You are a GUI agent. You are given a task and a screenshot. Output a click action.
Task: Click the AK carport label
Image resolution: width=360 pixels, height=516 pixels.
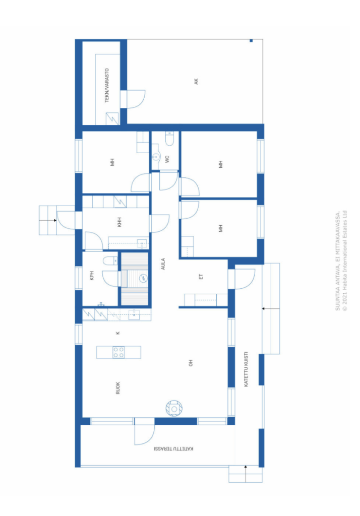click(x=196, y=81)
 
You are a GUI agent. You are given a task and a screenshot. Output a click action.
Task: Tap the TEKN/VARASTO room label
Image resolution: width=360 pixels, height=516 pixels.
click(x=107, y=86)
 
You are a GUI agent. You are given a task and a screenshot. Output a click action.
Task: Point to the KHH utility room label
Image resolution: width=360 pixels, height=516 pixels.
click(x=119, y=222)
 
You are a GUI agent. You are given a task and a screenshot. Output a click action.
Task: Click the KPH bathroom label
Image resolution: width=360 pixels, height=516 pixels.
click(x=92, y=276)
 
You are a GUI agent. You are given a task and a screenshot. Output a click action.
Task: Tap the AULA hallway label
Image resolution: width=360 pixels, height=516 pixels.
click(x=163, y=264)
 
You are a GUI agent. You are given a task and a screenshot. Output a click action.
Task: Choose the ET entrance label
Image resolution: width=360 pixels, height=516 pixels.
click(x=201, y=277)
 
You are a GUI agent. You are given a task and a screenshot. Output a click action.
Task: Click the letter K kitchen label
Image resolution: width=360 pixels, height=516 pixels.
click(x=117, y=333)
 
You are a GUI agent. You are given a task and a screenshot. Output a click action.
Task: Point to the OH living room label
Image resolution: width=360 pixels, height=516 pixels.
click(x=191, y=362)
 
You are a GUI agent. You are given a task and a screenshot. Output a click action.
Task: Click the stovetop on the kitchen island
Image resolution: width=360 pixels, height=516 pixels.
click(x=119, y=352)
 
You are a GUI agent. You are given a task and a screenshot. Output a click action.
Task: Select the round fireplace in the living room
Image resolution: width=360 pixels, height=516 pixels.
click(x=174, y=408)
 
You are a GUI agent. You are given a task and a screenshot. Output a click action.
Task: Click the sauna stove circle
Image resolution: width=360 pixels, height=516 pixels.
click(x=144, y=278)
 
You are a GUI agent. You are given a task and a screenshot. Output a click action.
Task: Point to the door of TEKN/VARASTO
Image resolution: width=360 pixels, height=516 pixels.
click(x=133, y=99)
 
